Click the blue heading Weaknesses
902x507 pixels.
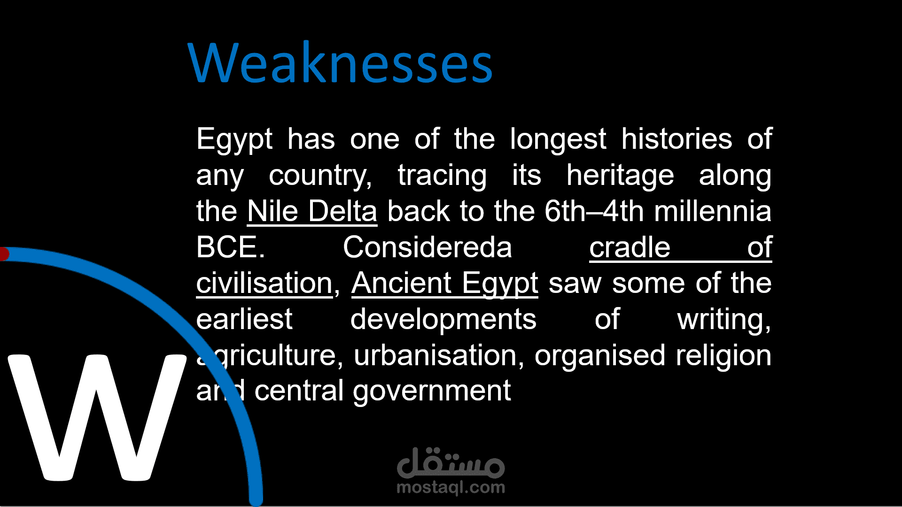[x=340, y=63]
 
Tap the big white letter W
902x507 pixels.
[x=97, y=417]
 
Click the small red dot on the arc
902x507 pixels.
[x=4, y=254]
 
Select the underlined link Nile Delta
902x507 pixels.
[x=312, y=211]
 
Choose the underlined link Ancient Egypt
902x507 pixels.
[x=444, y=284]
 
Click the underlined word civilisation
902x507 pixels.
[x=264, y=284]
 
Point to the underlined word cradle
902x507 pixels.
[x=630, y=247]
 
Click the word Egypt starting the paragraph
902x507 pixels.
[x=234, y=139]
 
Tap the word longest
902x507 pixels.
[x=558, y=139]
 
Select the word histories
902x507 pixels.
[x=676, y=139]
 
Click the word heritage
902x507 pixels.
[x=620, y=176]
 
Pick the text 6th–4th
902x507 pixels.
[x=594, y=211]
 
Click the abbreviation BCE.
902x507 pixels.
[x=230, y=247]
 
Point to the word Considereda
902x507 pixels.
[x=427, y=247]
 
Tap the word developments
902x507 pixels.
[x=443, y=320]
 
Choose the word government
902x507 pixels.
[x=432, y=392]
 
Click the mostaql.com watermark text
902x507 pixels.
[x=451, y=488]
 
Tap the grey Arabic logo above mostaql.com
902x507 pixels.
[x=451, y=462]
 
